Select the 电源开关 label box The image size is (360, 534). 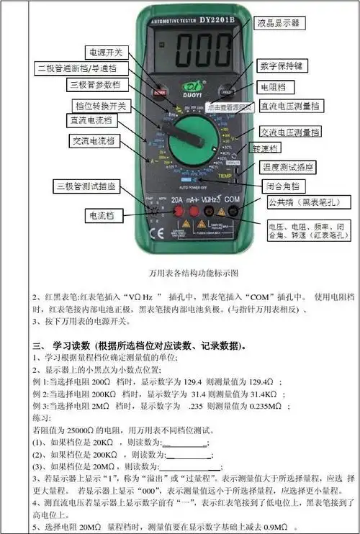point(106,53)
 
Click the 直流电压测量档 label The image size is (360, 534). point(289,107)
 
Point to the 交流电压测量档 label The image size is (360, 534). point(289,132)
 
